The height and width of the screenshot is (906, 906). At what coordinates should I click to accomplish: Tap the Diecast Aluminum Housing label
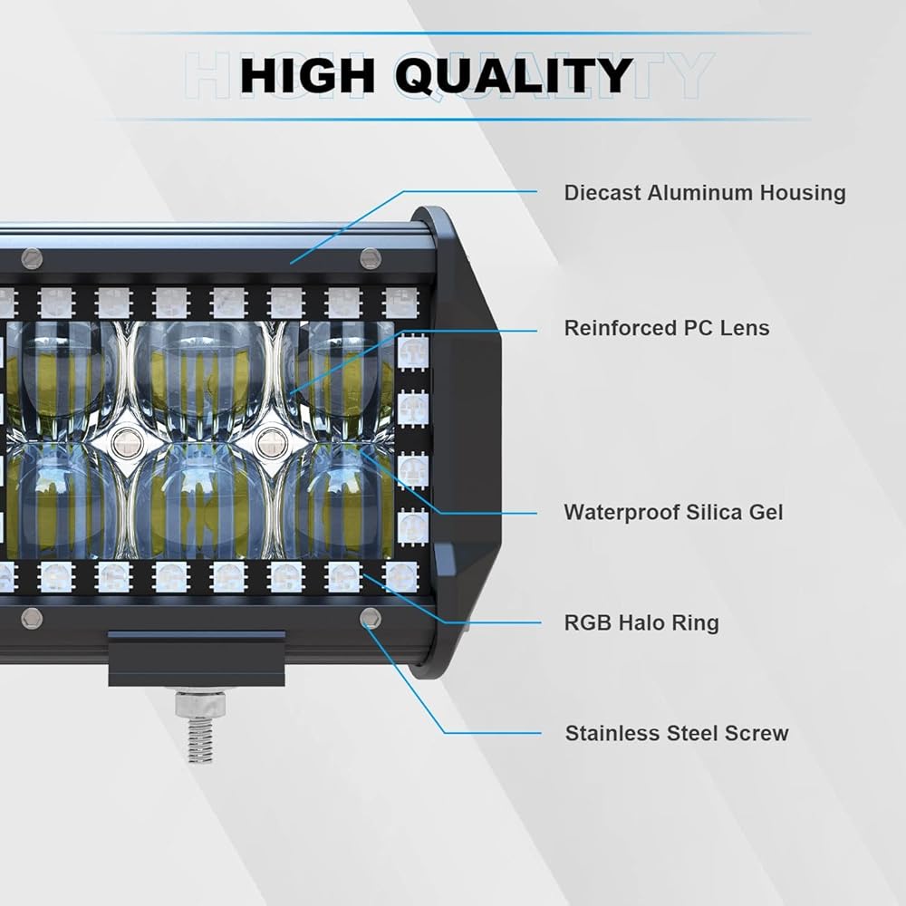coord(704,192)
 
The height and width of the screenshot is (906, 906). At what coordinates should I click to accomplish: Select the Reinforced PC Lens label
coord(666,327)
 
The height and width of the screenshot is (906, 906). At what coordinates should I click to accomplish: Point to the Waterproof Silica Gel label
coord(673,512)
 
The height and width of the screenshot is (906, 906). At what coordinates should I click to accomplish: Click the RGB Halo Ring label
coord(641,622)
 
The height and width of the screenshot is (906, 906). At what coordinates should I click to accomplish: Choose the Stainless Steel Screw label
coord(677,733)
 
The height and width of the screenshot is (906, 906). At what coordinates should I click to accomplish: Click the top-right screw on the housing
coord(370,258)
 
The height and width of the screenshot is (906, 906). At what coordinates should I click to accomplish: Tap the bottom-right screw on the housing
coord(370,619)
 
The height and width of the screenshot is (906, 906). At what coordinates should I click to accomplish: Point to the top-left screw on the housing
coord(33,258)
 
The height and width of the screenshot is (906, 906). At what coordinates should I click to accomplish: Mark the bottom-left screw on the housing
coord(33,619)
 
